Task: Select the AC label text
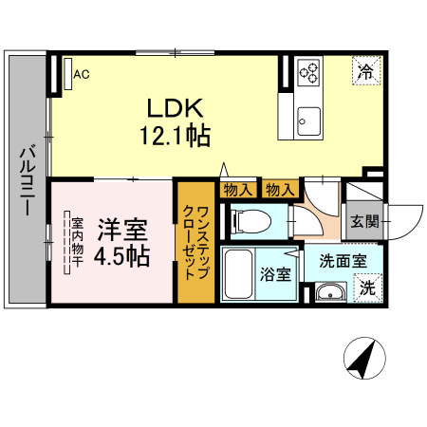pos(82,73)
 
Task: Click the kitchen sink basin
pos(309,120)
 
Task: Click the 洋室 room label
pos(123,230)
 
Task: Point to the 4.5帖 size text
pos(123,255)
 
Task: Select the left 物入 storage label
pos(237,190)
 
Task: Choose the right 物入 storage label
pos(278,190)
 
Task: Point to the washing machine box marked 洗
pos(366,288)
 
